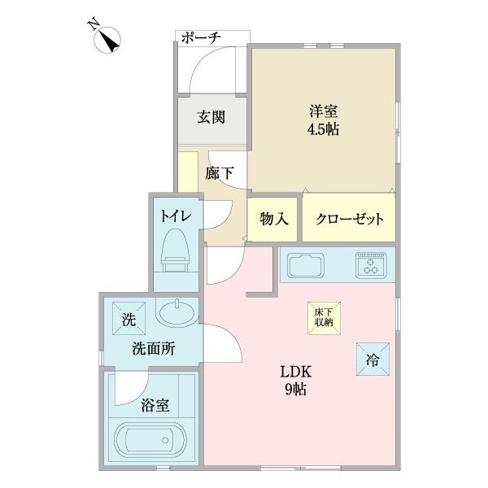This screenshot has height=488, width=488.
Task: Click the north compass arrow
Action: (107, 38)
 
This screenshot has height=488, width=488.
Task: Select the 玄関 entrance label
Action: (211, 116)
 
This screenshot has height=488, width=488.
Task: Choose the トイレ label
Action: (175, 216)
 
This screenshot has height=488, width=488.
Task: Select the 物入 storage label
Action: (273, 220)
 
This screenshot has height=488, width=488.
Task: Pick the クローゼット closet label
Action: (349, 220)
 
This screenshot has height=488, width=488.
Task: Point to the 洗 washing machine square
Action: (128, 320)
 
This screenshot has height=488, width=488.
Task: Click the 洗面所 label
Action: (154, 350)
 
